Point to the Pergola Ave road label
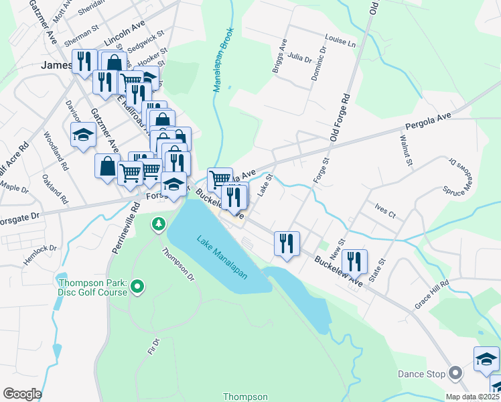coord(429,122)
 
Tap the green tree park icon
coord(159,224)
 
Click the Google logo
coord(22,393)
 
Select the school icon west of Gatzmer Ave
coord(84,135)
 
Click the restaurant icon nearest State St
coord(354,261)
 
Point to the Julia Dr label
coord(300,58)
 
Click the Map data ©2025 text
coord(472,397)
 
